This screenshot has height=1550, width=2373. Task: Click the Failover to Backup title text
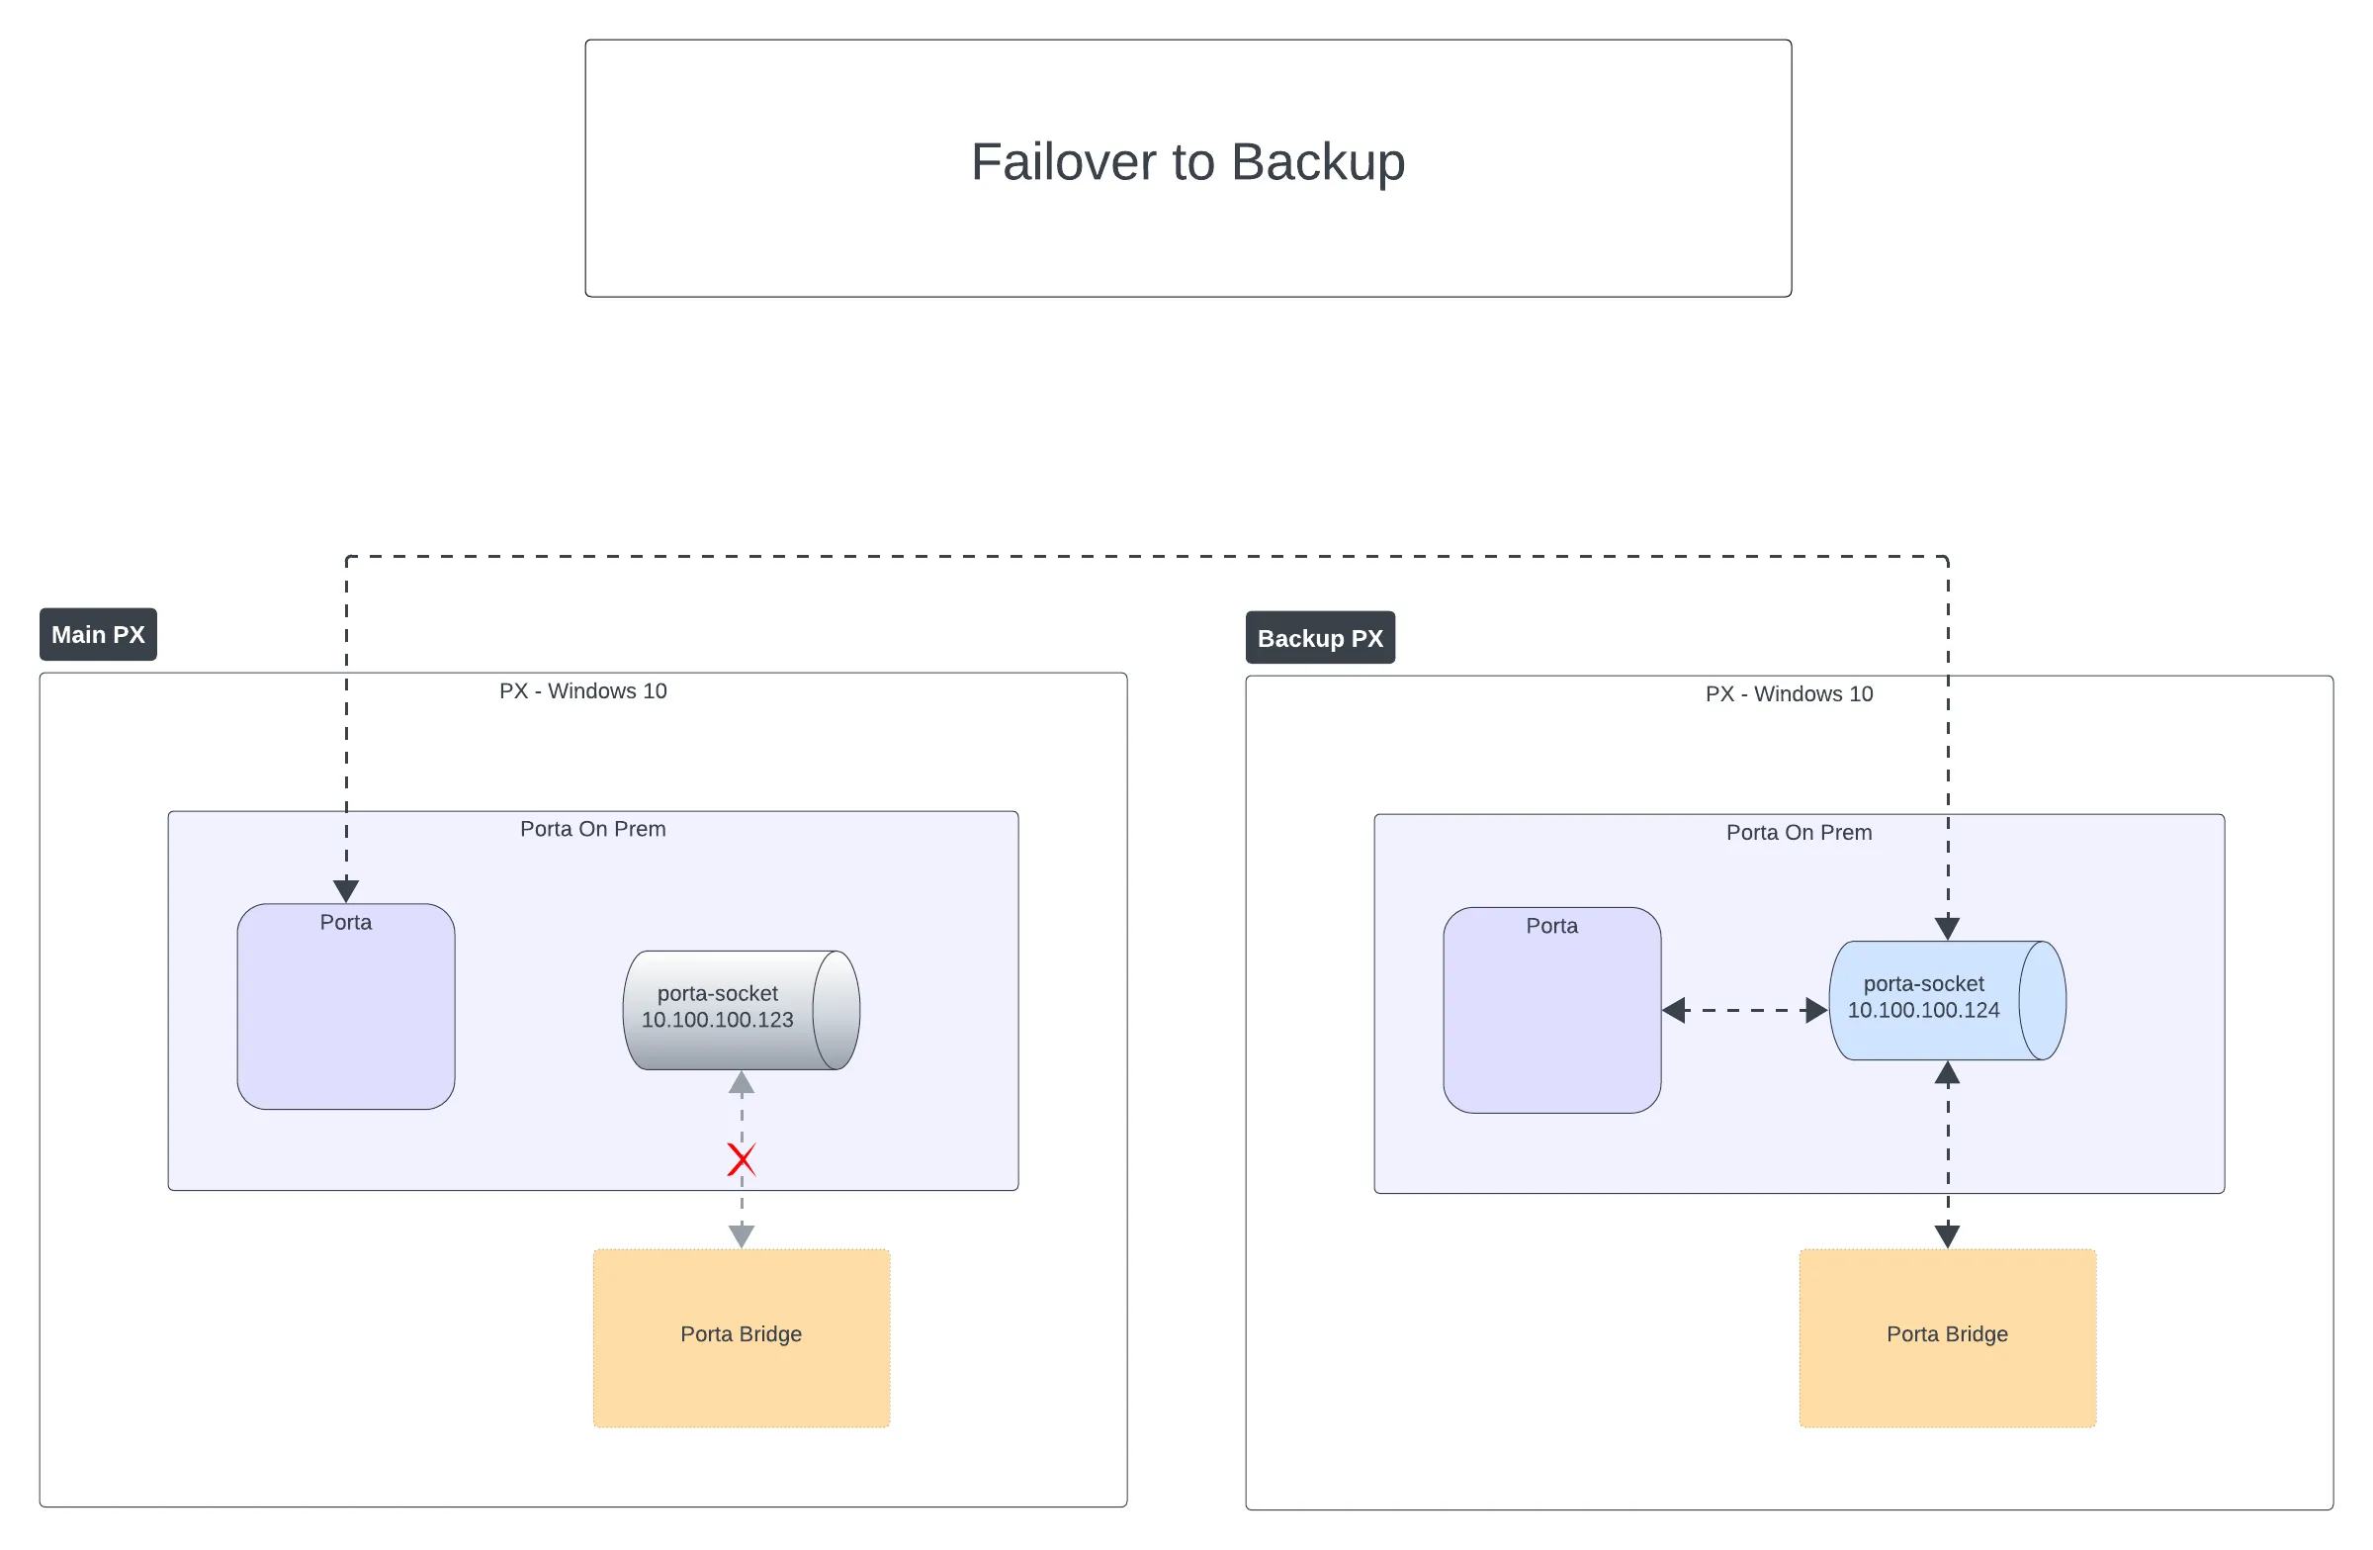pos(1187,161)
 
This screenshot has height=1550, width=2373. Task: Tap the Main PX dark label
pos(98,634)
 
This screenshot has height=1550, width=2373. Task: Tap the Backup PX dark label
pos(1319,638)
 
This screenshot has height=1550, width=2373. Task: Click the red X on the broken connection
pos(741,1159)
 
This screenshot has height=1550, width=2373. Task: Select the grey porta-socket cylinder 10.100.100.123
pos(740,1009)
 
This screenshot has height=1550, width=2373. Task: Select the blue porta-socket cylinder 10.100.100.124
pos(1945,999)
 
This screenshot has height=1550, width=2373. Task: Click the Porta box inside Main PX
pos(346,1007)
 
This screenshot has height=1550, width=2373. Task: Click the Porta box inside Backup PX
pos(1551,1010)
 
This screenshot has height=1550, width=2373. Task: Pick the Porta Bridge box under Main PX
pos(741,1336)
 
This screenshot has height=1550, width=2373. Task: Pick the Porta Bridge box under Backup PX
pos(1946,1336)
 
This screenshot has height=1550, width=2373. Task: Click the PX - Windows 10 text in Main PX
pos(582,690)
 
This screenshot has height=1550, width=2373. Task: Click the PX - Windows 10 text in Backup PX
pos(1788,693)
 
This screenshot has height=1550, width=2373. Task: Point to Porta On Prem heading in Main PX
pos(592,829)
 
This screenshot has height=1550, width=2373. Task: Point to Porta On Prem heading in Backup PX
pos(1798,832)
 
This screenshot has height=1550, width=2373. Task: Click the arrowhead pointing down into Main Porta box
pos(346,890)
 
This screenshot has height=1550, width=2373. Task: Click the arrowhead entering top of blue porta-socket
pos(1946,928)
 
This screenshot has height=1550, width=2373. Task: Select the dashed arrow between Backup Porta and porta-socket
pos(1744,1010)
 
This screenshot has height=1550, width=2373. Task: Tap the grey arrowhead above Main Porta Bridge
pos(741,1235)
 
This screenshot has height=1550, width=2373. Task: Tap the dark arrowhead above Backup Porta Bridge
pos(1946,1235)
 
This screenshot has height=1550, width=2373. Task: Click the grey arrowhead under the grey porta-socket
pos(741,1083)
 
